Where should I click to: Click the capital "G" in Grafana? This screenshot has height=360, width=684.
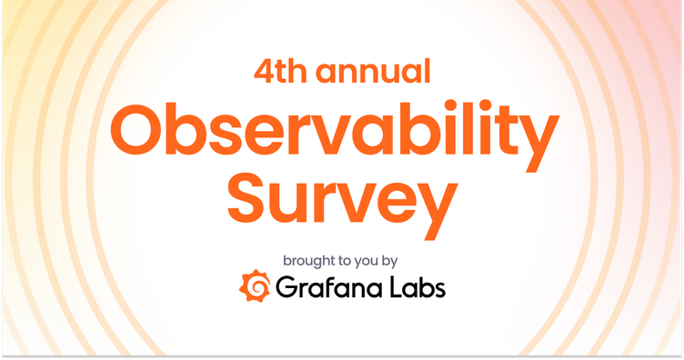point(286,289)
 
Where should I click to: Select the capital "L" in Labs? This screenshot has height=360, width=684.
point(392,289)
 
